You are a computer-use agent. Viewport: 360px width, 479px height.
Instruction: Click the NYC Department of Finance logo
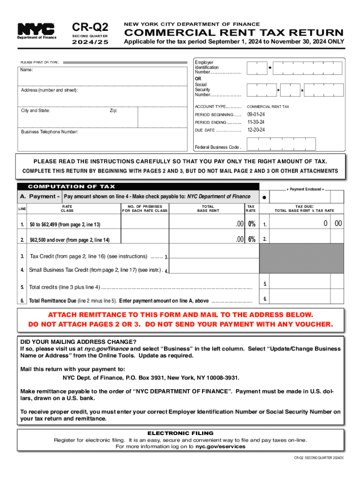point(36,31)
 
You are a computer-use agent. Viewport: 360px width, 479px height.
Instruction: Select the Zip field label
point(114,111)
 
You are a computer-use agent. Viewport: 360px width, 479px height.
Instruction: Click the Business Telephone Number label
point(50,132)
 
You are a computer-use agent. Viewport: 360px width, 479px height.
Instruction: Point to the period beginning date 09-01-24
point(256,115)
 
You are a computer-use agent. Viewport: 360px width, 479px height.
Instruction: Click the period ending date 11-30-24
point(256,122)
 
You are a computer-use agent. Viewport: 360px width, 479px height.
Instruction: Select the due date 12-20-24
point(256,130)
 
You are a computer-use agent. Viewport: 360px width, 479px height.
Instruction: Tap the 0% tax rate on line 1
point(252,224)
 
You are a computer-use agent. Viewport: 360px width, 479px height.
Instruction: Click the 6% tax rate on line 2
point(252,239)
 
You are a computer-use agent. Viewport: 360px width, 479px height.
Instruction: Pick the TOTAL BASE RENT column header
point(210,208)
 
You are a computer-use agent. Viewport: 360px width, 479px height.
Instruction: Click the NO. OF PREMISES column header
point(144,208)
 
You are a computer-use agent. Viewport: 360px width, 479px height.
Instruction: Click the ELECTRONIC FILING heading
point(180,433)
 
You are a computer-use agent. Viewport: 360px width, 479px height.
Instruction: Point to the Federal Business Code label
point(218,147)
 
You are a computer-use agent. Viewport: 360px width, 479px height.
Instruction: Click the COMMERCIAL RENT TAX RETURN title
point(233,33)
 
